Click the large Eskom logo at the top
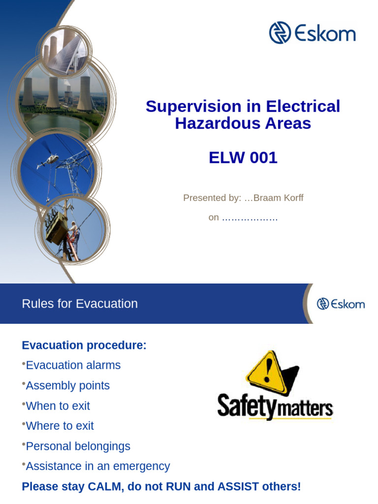point(312,33)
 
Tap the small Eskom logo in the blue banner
point(341,304)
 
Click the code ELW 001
point(243,158)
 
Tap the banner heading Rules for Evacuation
point(80,304)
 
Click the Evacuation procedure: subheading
point(84,346)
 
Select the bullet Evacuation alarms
point(73,365)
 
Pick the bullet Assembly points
point(67,385)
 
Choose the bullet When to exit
point(58,406)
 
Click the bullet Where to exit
point(60,426)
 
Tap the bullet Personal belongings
point(78,446)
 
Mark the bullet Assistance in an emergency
point(97,466)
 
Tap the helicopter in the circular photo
point(48,160)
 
